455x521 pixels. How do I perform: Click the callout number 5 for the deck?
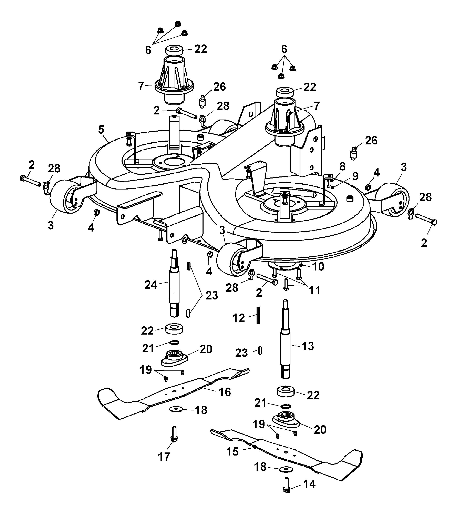[x=101, y=130]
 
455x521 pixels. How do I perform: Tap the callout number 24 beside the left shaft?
[x=151, y=285]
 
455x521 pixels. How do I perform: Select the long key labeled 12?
[x=258, y=315]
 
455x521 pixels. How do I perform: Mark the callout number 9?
[x=355, y=176]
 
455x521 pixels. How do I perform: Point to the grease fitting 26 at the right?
[x=353, y=153]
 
